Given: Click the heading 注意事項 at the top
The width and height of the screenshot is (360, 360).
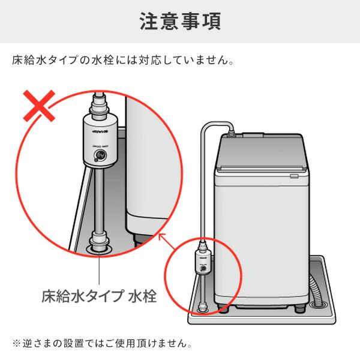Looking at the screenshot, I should [x=180, y=21].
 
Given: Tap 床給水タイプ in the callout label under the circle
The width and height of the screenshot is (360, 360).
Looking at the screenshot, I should [x=83, y=296].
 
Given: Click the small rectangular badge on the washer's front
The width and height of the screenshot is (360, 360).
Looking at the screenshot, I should [x=293, y=176].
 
